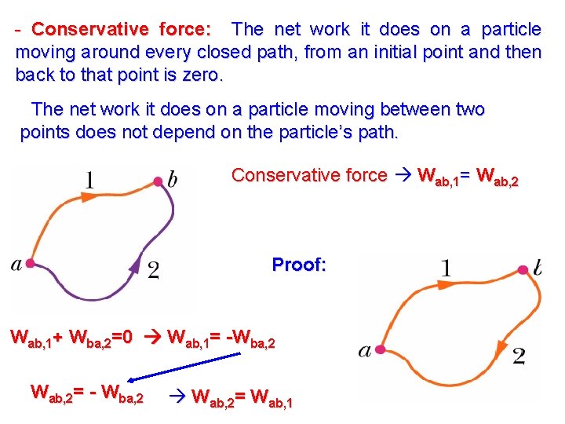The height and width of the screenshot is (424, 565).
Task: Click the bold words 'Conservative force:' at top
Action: (121, 30)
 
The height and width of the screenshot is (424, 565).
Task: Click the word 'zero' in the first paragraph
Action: (202, 76)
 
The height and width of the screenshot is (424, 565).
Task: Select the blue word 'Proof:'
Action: (298, 265)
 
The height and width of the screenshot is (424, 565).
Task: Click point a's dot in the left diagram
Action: (31, 263)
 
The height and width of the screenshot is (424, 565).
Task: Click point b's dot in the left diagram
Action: (158, 181)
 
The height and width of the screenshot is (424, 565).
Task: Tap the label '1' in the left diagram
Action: (89, 181)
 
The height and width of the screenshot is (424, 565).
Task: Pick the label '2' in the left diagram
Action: (154, 271)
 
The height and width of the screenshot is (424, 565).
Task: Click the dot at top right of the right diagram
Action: (523, 270)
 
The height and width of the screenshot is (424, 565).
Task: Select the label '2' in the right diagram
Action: (519, 357)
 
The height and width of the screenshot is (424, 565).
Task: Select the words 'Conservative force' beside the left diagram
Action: (309, 175)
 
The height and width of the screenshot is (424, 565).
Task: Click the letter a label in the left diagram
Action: (16, 265)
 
